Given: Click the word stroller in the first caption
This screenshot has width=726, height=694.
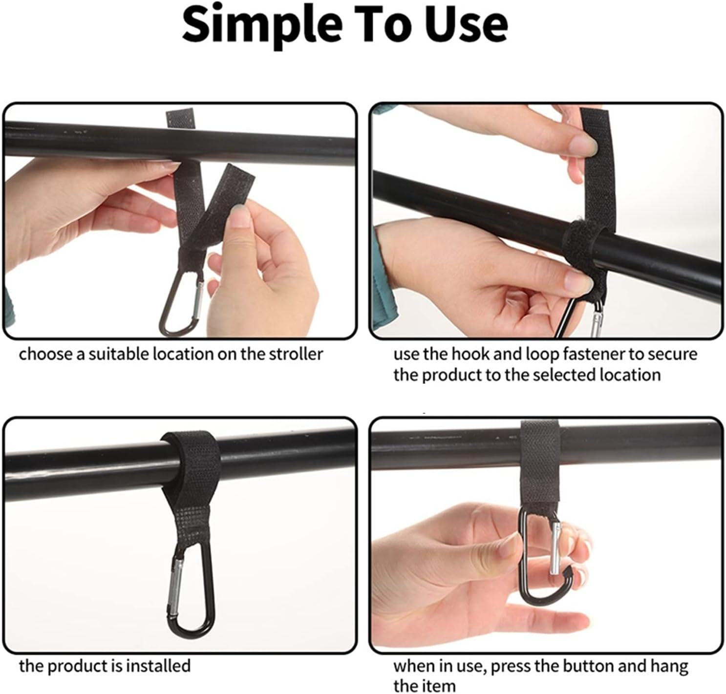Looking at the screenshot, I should pos(296,354).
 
